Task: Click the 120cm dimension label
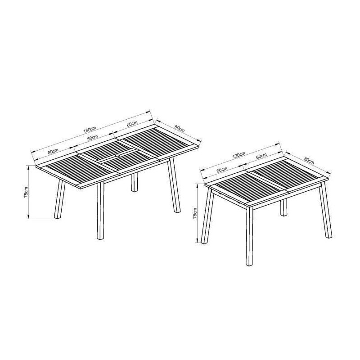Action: tap(239, 155)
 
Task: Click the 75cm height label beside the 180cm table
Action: tap(27, 192)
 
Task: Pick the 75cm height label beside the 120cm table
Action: tap(195, 213)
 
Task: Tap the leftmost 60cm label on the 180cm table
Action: tap(53, 151)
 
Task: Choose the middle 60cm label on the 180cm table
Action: tap(93, 138)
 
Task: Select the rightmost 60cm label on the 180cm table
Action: tap(132, 124)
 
